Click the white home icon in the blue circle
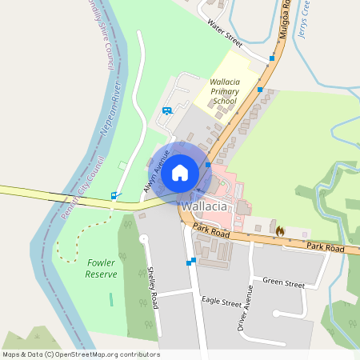coord(180,172)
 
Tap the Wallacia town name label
coord(204,206)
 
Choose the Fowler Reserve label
coord(102,268)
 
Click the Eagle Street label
coord(222,303)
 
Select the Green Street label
coord(284,283)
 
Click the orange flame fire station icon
coord(280,230)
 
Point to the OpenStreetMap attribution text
coord(81,354)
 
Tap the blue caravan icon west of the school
coord(166,110)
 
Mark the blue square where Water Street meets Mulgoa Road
coord(272,58)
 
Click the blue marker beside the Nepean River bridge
coord(114,195)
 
